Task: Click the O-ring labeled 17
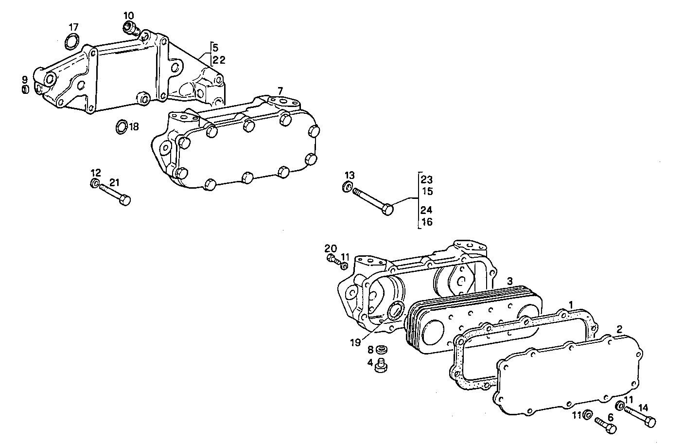(x=71, y=42)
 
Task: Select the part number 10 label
(x=128, y=16)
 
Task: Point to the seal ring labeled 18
(x=121, y=126)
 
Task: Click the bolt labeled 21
(x=116, y=195)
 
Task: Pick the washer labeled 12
(x=95, y=183)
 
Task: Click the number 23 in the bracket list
(x=427, y=179)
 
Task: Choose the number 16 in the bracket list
(x=427, y=222)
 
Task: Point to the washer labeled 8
(x=383, y=350)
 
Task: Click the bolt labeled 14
(x=640, y=416)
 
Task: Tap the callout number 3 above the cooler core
(x=509, y=281)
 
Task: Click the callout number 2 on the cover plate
(x=619, y=329)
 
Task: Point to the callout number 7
(x=280, y=91)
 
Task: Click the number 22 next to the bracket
(x=218, y=59)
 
